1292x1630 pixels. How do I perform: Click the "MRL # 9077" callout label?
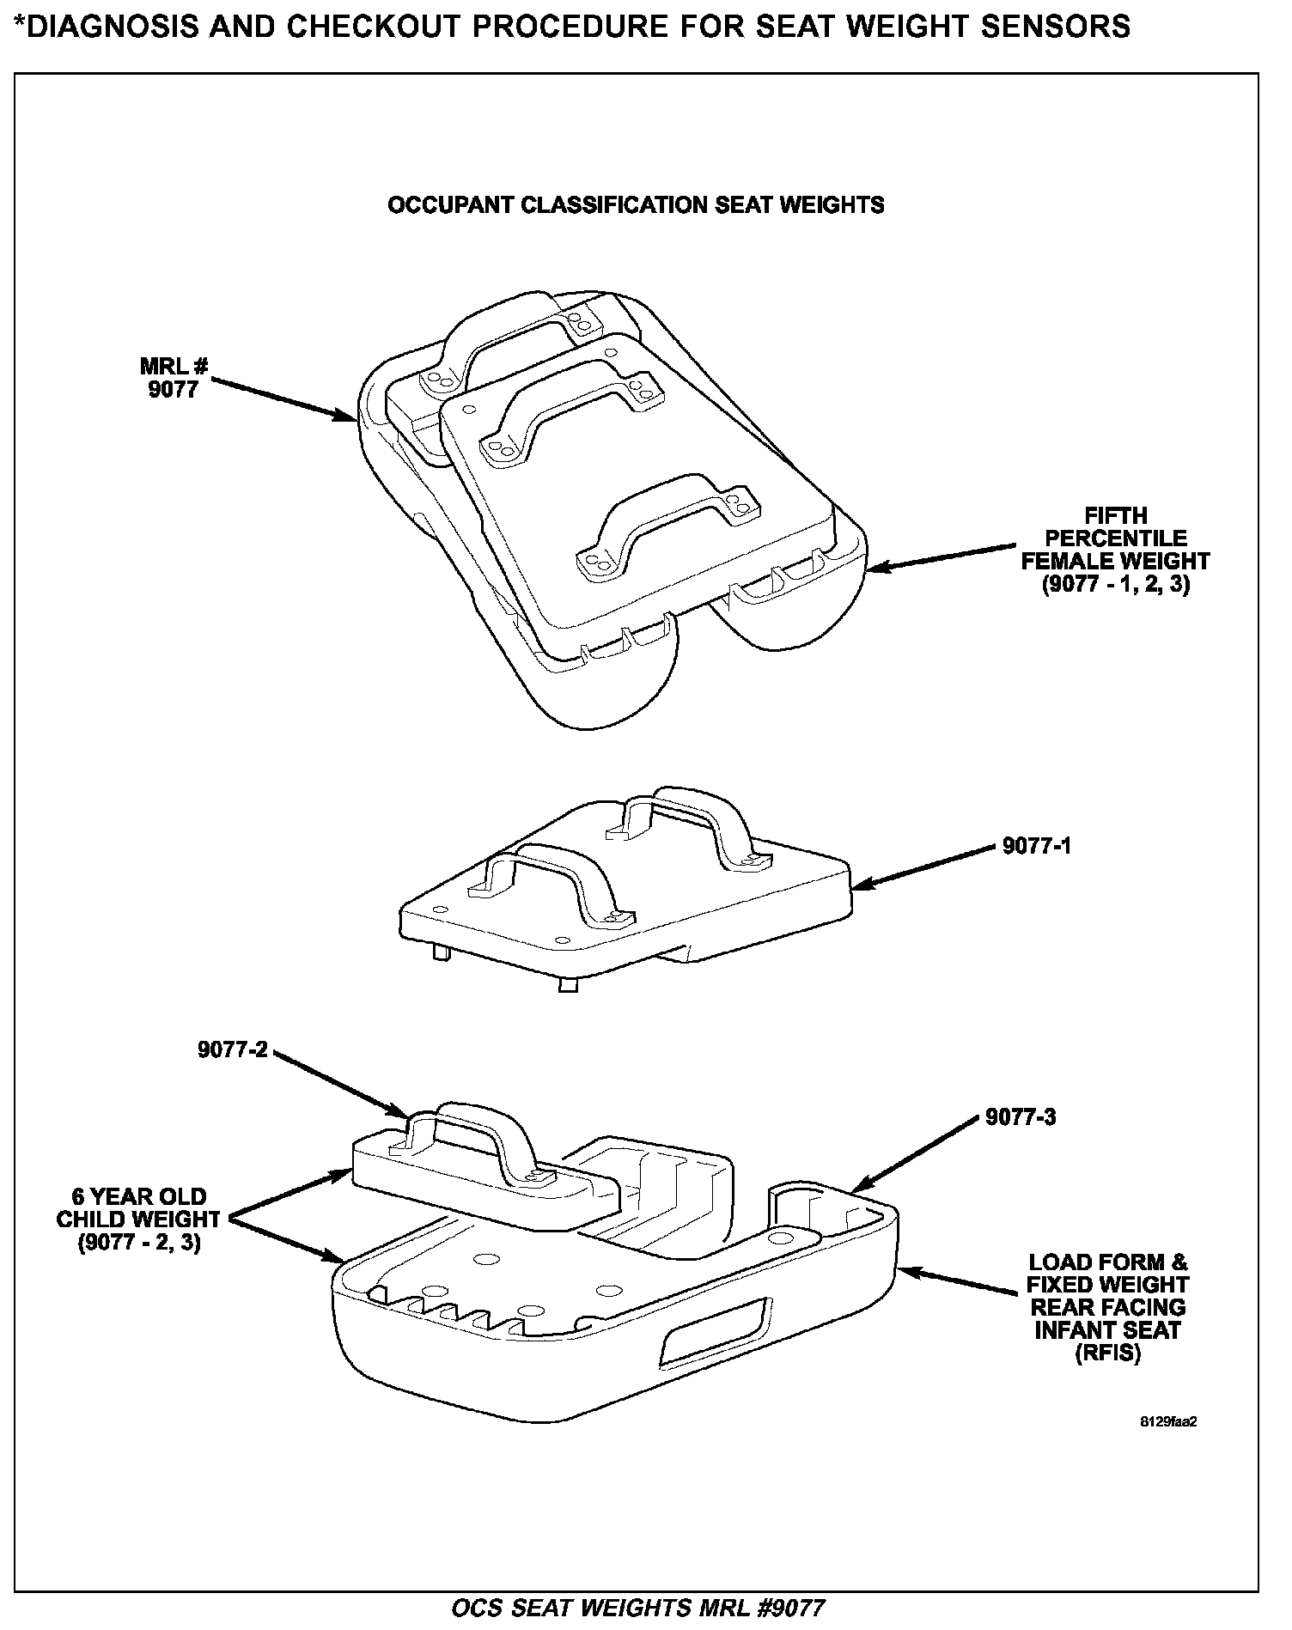(x=174, y=378)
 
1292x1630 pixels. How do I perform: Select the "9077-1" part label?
(x=1037, y=846)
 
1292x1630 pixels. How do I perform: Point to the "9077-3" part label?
(x=1021, y=1117)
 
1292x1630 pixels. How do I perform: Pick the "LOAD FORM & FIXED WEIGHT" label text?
(x=1108, y=1274)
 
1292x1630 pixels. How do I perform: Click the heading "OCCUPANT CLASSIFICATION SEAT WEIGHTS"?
(x=636, y=205)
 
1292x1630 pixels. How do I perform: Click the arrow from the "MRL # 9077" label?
(x=283, y=401)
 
